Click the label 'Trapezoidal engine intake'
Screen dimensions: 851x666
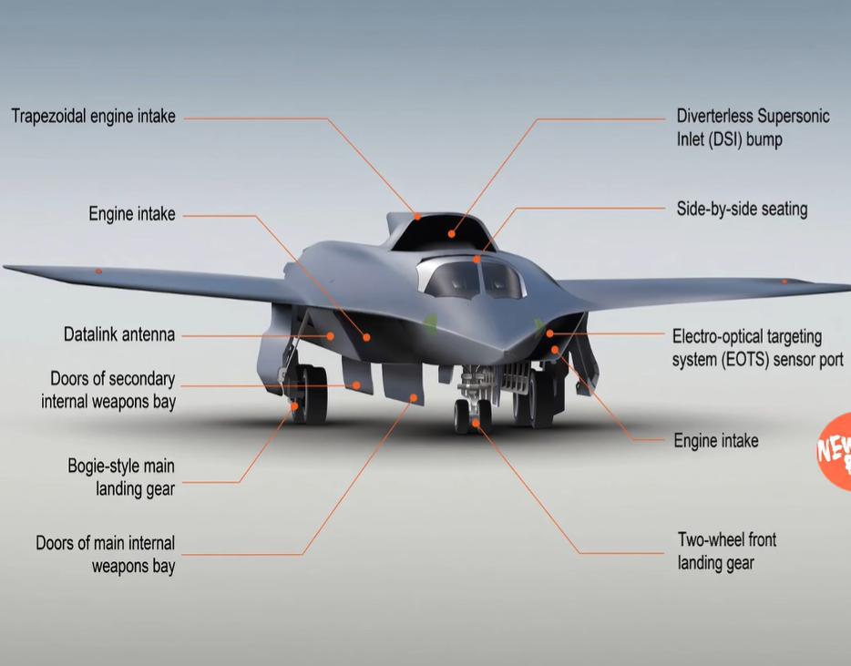[93, 116]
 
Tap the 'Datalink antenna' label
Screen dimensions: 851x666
[119, 334]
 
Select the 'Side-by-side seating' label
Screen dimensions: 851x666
[742, 209]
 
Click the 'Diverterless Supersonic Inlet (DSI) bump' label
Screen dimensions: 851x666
[753, 128]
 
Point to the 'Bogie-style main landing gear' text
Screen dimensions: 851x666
[121, 477]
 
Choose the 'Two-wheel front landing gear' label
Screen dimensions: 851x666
[727, 551]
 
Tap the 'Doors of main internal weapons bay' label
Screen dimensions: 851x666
[106, 554]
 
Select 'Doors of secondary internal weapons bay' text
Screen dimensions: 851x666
[108, 390]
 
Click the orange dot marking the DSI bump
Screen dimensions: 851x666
[452, 234]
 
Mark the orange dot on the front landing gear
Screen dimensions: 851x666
[476, 423]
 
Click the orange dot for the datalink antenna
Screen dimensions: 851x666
[330, 336]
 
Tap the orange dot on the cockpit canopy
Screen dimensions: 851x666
[477, 260]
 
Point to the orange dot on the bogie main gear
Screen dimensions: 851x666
[294, 406]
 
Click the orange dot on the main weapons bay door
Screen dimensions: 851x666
[414, 398]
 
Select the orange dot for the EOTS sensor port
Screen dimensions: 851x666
[549, 333]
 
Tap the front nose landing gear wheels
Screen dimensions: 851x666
[473, 416]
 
